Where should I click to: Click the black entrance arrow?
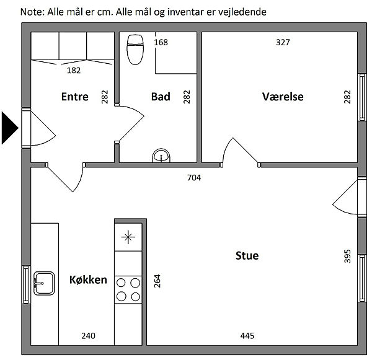tap(9, 128)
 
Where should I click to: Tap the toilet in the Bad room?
tap(135, 50)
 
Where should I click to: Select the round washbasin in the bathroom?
tap(161, 156)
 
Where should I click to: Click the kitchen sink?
tap(44, 283)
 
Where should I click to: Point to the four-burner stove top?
tap(128, 290)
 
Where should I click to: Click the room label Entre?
tap(75, 97)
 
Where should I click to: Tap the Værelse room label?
tap(283, 97)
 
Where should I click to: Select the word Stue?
tap(247, 256)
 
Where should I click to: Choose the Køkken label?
tap(88, 279)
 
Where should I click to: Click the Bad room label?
tap(161, 97)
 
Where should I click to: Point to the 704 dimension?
tap(194, 178)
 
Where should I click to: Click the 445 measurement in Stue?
tap(247, 336)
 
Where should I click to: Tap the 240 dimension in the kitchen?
tap(88, 336)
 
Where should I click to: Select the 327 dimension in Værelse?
tap(283, 42)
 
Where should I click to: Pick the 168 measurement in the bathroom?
tap(161, 42)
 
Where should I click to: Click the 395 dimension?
tap(347, 256)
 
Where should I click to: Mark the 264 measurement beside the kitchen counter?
tap(157, 281)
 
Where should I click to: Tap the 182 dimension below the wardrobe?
tap(74, 71)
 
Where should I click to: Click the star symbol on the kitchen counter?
tap(128, 237)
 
